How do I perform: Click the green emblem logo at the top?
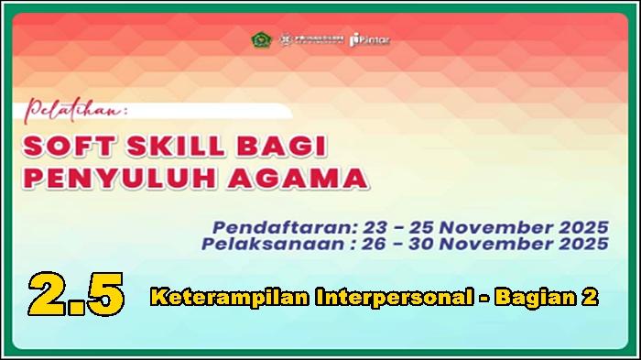click(x=260, y=40)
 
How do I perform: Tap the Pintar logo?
click(x=370, y=40)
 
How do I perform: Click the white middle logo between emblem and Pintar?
click(x=311, y=40)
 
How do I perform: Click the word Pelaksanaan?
click(x=261, y=244)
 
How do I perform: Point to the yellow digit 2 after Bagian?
click(x=591, y=297)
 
